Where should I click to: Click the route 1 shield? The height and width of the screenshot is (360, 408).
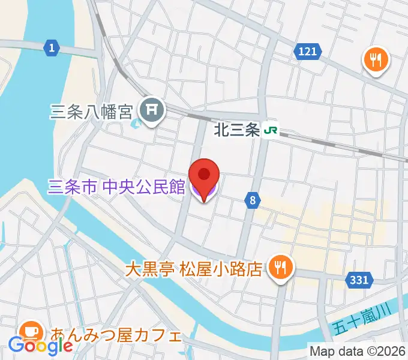[x=52, y=48]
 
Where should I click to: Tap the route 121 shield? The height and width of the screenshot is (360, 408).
[x=307, y=52]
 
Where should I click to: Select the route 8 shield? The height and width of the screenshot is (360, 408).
[x=253, y=202]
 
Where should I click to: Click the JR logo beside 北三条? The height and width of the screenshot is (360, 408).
[x=272, y=130]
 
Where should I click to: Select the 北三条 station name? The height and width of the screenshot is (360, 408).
[x=238, y=130]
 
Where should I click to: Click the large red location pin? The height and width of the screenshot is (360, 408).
[x=204, y=175]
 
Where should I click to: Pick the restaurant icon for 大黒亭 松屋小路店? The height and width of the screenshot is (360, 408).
[x=279, y=267]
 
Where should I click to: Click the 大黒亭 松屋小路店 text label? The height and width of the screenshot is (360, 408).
[x=194, y=268]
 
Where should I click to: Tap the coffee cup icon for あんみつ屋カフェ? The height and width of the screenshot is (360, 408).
[x=29, y=332]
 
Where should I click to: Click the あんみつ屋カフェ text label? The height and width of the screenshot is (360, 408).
[x=116, y=334]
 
